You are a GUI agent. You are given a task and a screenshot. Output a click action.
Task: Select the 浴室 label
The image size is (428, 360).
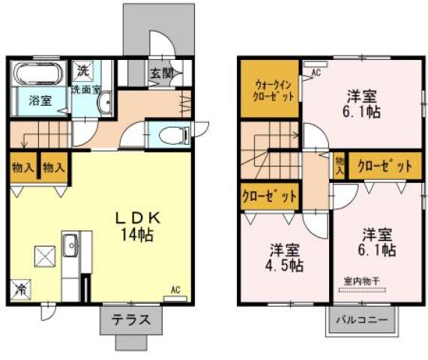coord(40,100)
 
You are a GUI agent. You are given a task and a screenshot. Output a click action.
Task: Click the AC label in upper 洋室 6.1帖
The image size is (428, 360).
coord(316,72)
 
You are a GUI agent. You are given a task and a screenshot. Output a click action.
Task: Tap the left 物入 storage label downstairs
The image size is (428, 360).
coord(22,166)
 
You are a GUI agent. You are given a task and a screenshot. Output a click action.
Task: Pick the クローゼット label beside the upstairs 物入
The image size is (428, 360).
coord(385,166)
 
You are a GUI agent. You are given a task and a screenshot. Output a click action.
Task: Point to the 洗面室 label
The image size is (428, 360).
coord(85,89)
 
